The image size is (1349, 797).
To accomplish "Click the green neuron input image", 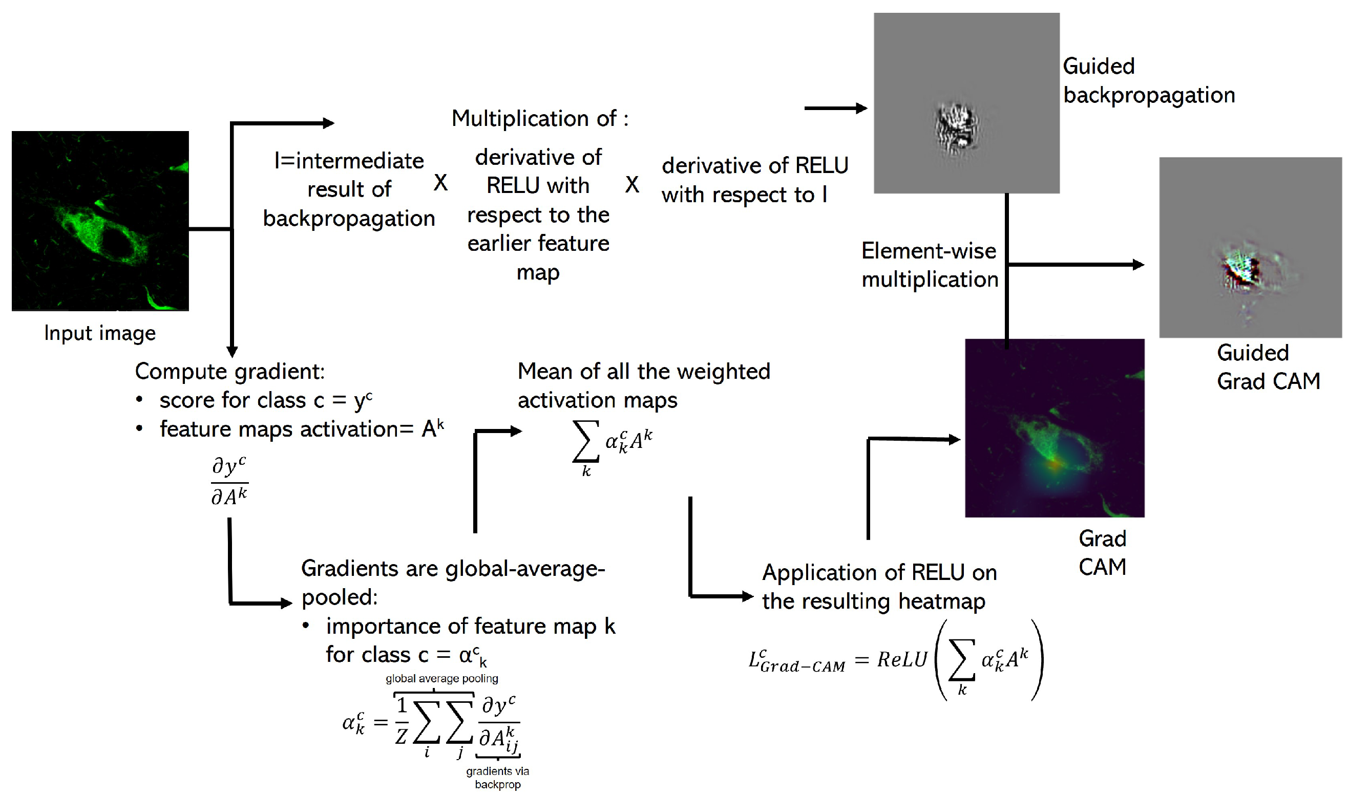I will tap(100, 221).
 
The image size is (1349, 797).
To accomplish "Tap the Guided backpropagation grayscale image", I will tap(966, 103).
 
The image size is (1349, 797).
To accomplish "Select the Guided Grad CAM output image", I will tap(1250, 247).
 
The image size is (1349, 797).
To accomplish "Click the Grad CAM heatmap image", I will tap(1054, 428).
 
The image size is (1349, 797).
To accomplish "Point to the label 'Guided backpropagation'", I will tap(1148, 80).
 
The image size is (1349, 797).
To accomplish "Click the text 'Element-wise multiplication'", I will tap(930, 265).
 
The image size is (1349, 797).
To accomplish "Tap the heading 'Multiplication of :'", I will tap(539, 119).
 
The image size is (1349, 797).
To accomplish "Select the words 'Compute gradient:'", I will tap(230, 372).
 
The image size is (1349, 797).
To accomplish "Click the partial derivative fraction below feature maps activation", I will tap(229, 481).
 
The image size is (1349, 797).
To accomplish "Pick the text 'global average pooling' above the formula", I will tap(441, 678).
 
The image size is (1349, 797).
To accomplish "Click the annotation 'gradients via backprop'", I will tap(497, 778).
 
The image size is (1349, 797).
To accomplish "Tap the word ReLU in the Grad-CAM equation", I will tap(902, 659).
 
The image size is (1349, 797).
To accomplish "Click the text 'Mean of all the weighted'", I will tap(644, 372).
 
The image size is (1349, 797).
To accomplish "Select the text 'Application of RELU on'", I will tap(879, 572).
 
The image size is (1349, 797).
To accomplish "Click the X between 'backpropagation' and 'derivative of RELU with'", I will tap(440, 183).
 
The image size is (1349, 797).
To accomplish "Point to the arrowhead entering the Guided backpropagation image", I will tap(862, 109).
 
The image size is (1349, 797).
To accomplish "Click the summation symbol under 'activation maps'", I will tap(585, 441).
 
